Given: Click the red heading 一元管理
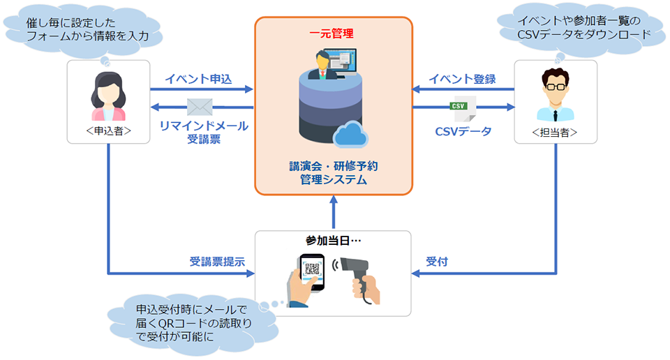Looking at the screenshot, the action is pos(332,33).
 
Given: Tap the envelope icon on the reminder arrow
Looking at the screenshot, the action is pos(200,107).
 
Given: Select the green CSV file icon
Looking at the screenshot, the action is pos(463,109).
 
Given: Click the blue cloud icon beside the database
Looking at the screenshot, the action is pos(350,134).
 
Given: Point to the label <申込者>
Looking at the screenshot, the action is pos(109,130).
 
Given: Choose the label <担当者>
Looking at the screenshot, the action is pos(555,133).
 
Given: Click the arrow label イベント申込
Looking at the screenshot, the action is pos(198,79).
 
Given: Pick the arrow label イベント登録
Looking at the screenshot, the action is pos(462,79).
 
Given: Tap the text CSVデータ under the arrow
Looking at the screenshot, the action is pos(463,132).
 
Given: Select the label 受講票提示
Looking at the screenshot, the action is pos(217,262).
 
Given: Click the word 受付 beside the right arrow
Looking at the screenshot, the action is pos(437,262).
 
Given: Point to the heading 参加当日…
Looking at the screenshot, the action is pos(334,241).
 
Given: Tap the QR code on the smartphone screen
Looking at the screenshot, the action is pos(312,269).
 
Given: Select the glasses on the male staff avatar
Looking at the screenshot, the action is pos(556,87).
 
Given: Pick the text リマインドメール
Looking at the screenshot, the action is pos(204,126).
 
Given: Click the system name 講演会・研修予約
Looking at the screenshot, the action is pos(334,165).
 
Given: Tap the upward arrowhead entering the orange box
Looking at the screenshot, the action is pos(334,200).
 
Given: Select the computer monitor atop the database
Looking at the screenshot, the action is pos(340,62).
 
